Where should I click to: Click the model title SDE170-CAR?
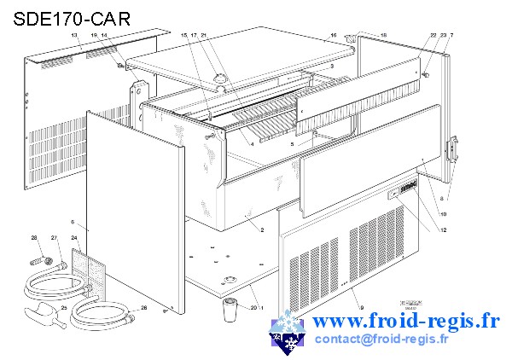pyautogui.click(x=72, y=18)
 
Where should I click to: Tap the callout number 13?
pyautogui.click(x=74, y=35)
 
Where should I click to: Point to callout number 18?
pyautogui.click(x=383, y=36)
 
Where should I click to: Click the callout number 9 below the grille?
pyautogui.click(x=361, y=307)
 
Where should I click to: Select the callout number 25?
pyautogui.click(x=63, y=307)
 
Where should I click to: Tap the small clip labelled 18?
pyautogui.click(x=351, y=37)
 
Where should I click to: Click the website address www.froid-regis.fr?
pyautogui.click(x=406, y=322)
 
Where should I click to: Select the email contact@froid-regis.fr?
pyautogui.click(x=381, y=340)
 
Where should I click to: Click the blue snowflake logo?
pyautogui.click(x=288, y=334)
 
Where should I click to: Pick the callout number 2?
pyautogui.click(x=261, y=230)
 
